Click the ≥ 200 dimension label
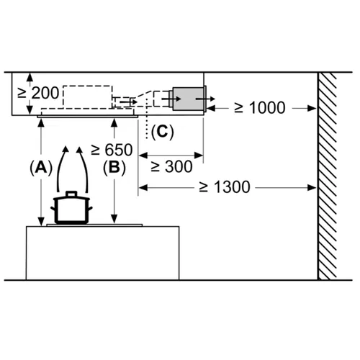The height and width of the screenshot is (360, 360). click(38, 93)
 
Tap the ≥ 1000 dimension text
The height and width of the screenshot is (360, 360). click(260, 107)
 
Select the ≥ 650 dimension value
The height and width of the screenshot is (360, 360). click(112, 150)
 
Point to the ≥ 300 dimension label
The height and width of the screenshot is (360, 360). click(171, 166)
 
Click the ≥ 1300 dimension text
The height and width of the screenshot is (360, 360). click(225, 187)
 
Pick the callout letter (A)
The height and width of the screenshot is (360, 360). click(41, 167)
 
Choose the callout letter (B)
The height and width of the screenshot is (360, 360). click(114, 167)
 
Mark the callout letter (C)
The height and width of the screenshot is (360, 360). click(163, 132)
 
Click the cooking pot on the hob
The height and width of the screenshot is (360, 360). click(71, 208)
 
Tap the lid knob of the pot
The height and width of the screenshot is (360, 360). click(71, 194)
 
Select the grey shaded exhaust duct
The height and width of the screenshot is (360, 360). click(189, 99)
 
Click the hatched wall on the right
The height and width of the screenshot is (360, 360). click(327, 176)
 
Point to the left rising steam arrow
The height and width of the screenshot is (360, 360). click(60, 168)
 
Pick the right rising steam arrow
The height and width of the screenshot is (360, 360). click(84, 168)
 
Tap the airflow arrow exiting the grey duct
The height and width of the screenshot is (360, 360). click(205, 99)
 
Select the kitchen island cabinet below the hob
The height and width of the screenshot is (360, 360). click(102, 253)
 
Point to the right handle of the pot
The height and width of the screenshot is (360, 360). click(90, 209)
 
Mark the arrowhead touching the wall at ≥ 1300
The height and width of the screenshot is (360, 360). click(312, 187)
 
